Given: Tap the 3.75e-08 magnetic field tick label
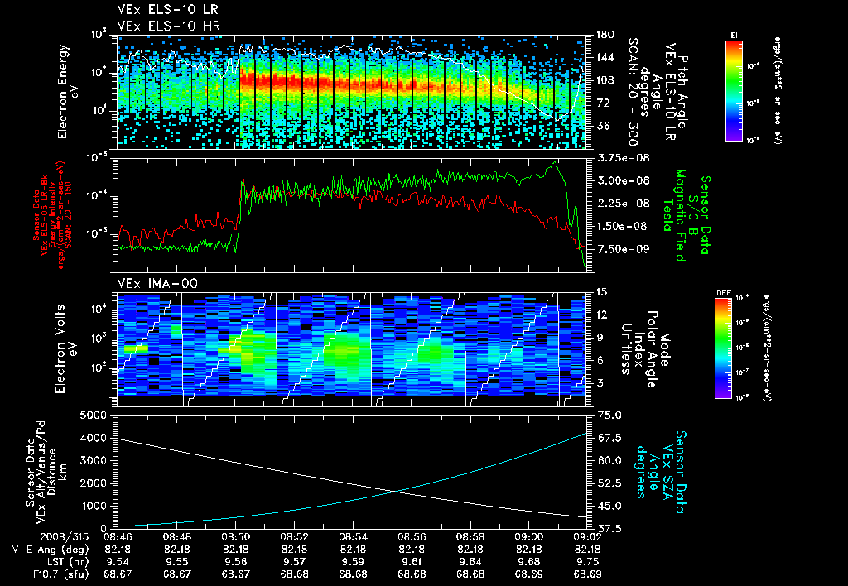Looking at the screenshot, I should [x=617, y=157].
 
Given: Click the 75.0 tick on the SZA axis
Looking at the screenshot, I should [x=605, y=415].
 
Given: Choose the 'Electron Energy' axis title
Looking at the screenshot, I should [x=61, y=90].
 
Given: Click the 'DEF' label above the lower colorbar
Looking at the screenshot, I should [x=722, y=292].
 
